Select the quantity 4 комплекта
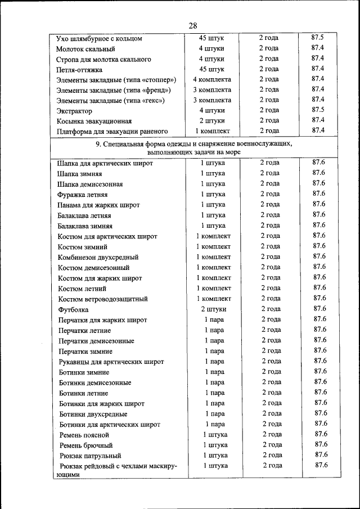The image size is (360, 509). [212, 79]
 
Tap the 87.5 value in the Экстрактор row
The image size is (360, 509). [317, 110]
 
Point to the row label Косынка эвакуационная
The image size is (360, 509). [94, 121]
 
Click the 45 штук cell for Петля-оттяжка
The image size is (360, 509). [212, 69]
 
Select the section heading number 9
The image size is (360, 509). [98, 144]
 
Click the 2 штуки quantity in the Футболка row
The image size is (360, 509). [214, 309]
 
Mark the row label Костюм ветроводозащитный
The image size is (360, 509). [103, 299]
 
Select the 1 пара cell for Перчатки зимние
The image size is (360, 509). [214, 350]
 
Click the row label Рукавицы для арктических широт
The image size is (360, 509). [111, 362]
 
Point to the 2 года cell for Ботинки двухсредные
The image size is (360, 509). [272, 413]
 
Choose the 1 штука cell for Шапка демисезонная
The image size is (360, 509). [213, 183]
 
